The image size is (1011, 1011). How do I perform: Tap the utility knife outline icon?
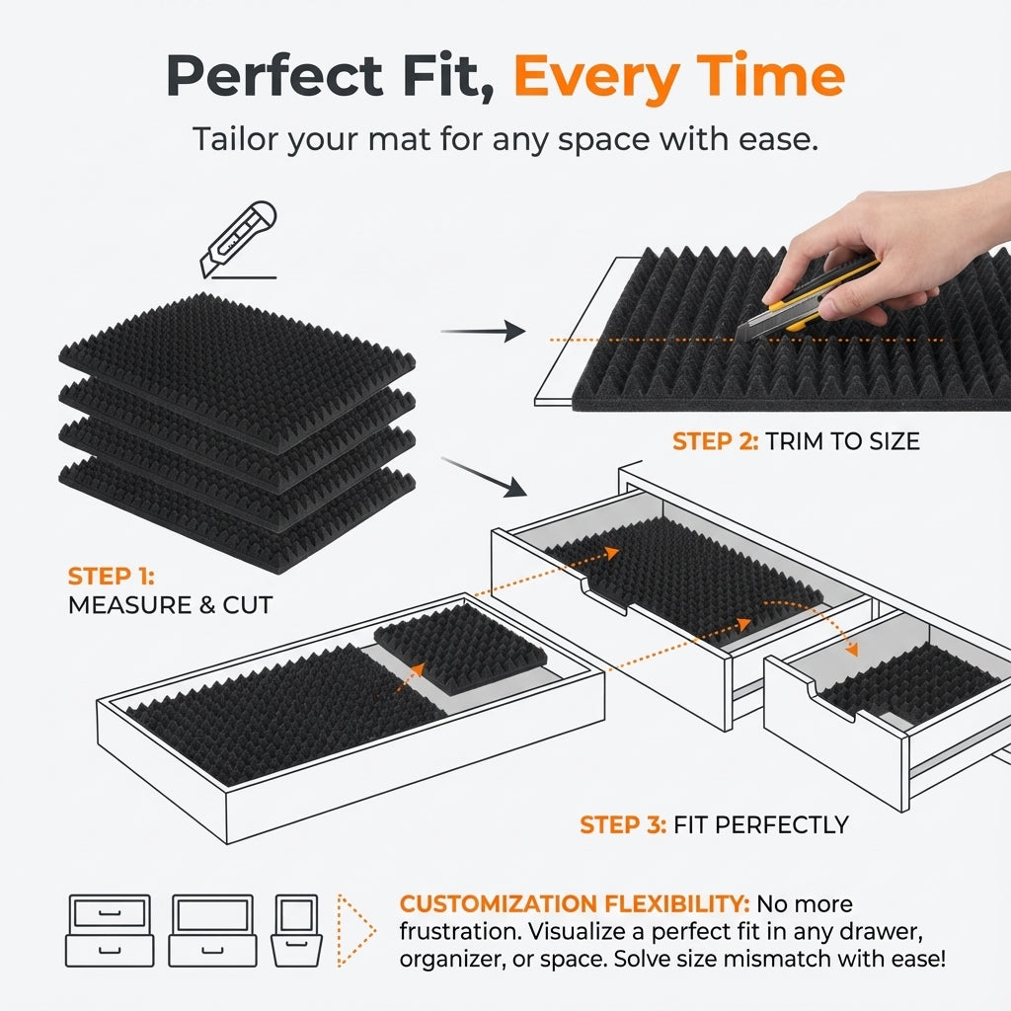coord(239,240)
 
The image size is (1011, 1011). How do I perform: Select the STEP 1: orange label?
coord(112,576)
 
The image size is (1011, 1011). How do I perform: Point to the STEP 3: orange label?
coord(622,823)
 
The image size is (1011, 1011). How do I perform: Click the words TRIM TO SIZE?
coord(843,441)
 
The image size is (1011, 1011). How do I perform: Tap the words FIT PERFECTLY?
coord(760,823)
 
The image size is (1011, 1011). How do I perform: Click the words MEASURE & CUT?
coord(170,605)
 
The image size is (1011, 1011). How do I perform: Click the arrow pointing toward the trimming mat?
coord(483,332)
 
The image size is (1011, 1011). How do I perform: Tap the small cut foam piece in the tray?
coord(459,647)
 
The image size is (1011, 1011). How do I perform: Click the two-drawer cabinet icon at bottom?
coord(110,930)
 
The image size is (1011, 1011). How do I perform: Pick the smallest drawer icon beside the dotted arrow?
coord(295,930)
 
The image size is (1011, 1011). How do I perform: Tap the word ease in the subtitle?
coord(780,138)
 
